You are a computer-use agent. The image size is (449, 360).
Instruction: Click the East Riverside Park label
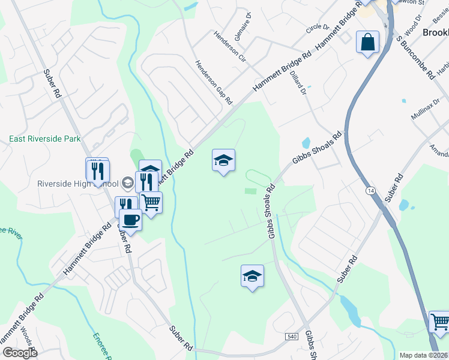44,139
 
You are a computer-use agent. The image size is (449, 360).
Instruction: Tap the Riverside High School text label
78,184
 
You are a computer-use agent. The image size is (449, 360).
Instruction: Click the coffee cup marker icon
130,220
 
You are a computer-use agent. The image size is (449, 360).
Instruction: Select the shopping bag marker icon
367,43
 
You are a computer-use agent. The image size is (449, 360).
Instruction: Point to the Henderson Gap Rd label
212,83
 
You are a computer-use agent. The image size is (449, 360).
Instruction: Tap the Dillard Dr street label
298,83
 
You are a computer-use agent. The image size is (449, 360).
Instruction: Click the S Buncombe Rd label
415,58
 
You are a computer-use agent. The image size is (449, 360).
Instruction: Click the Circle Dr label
318,28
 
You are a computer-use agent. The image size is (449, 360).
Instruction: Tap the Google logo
19,353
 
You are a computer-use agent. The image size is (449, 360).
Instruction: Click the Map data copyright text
424,355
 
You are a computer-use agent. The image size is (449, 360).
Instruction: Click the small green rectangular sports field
250,191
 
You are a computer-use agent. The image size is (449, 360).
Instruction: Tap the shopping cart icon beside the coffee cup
151,202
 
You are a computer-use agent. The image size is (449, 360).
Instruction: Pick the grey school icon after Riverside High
127,181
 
